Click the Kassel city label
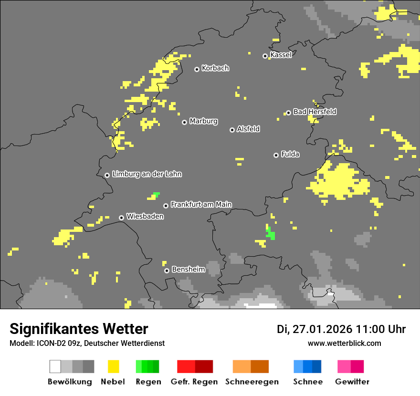click(281, 55)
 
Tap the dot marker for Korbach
click(197, 69)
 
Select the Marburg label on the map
click(203, 121)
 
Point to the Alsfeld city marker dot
click(232, 130)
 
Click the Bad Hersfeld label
click(315, 112)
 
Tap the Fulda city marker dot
click(276, 155)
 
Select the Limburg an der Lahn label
click(147, 174)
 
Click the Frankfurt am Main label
click(201, 204)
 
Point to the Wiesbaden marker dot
click(122, 218)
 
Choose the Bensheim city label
click(188, 269)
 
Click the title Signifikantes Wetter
click(79, 329)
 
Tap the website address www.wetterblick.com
click(344, 343)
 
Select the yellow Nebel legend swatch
click(113, 366)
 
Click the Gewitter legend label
click(352, 382)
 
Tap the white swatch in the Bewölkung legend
click(55, 366)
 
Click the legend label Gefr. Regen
click(194, 382)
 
